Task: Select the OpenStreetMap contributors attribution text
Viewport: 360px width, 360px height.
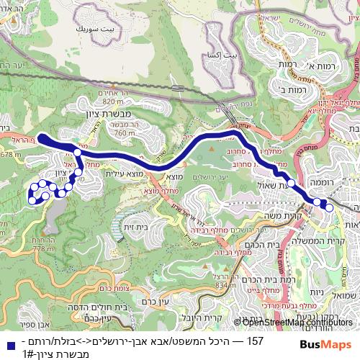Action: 292,323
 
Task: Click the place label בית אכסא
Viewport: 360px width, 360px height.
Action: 220,55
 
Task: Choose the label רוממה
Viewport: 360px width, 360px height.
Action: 343,184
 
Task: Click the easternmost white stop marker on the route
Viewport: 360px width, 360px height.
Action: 329,207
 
